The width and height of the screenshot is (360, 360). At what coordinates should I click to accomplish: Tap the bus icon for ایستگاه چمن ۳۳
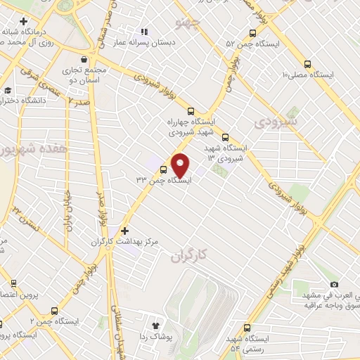(x=164, y=169)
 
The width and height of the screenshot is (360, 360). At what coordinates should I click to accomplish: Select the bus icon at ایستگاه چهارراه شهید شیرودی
(x=191, y=110)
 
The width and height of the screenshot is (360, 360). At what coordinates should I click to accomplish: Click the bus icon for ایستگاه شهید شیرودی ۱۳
(x=225, y=138)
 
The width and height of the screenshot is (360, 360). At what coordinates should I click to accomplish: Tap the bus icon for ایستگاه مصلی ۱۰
(x=307, y=63)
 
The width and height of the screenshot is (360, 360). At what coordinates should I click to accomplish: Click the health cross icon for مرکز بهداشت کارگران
(x=124, y=231)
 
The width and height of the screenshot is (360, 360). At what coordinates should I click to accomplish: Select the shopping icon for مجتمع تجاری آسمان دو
(x=85, y=60)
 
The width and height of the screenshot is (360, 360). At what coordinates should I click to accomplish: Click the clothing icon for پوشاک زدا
(x=156, y=326)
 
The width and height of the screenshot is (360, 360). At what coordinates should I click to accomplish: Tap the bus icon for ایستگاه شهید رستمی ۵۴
(x=246, y=327)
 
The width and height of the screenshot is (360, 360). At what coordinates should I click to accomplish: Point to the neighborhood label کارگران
(x=190, y=257)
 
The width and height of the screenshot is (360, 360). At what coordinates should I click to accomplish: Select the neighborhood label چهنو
(x=191, y=26)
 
